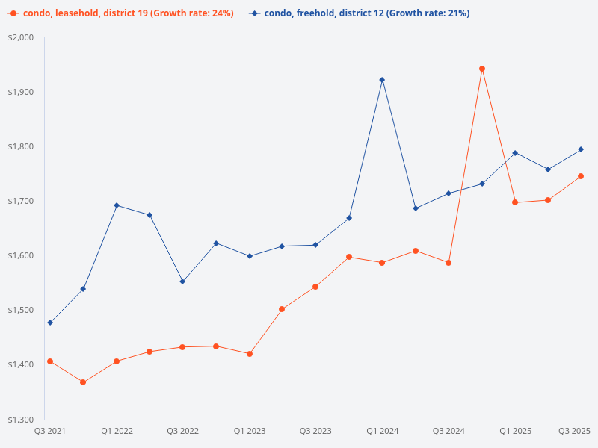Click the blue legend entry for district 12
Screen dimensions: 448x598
click(359, 13)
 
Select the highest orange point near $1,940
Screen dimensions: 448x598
click(482, 69)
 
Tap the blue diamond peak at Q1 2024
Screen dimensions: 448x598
click(382, 80)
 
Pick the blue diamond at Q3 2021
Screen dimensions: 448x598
click(50, 323)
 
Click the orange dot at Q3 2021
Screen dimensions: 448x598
click(50, 361)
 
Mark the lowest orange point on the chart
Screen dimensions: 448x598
click(83, 382)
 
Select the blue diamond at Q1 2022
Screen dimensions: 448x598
click(117, 205)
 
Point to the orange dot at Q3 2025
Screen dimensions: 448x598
click(581, 176)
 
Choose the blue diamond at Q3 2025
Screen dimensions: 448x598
click(581, 149)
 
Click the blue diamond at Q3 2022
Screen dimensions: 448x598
click(182, 281)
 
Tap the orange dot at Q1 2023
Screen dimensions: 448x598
click(249, 354)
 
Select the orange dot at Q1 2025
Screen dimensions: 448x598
click(515, 202)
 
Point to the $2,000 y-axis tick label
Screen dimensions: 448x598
click(22, 38)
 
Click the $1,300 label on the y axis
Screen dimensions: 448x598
click(22, 420)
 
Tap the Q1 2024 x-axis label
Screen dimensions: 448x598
click(382, 432)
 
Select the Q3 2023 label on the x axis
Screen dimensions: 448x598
click(315, 432)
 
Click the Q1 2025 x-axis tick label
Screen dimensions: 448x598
click(515, 432)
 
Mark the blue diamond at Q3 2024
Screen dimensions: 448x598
click(449, 193)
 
